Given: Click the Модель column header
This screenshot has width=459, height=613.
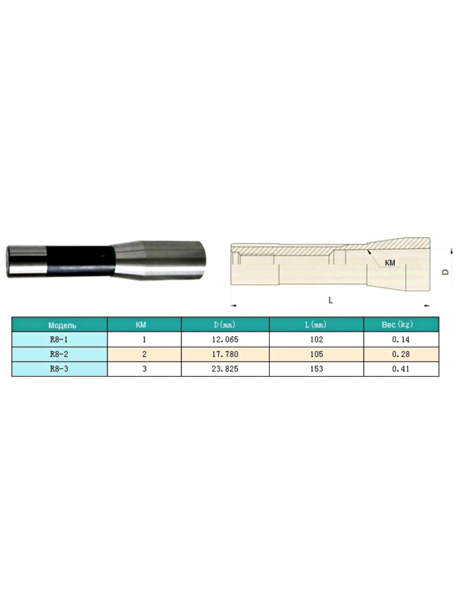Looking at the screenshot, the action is [62, 325].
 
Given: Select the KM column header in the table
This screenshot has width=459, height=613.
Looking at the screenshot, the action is [141, 325].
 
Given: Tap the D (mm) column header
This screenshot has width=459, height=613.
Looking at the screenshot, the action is [224, 325].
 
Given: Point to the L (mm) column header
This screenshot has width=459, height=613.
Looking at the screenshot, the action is [316, 325].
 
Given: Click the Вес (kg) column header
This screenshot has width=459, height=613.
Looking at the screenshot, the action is [397, 324].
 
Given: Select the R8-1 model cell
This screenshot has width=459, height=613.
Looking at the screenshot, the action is [59, 340].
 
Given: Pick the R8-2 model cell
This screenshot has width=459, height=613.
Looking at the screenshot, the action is [59, 355].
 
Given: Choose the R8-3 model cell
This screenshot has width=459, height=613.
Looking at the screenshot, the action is [59, 369].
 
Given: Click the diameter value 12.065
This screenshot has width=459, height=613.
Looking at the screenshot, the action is [225, 340].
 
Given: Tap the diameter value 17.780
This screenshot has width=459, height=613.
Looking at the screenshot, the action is [225, 355].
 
